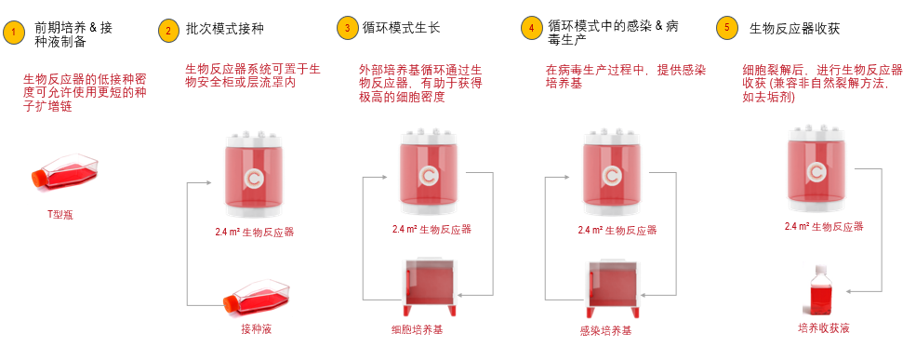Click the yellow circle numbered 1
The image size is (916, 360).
(14, 34)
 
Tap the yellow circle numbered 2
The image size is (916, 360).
(167, 30)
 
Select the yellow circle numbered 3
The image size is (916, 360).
(348, 28)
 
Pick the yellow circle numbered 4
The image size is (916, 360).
(531, 28)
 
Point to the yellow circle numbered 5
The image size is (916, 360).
(726, 28)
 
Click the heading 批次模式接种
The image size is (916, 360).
(224, 29)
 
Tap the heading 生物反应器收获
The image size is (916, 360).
(794, 28)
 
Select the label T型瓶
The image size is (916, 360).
(60, 215)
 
